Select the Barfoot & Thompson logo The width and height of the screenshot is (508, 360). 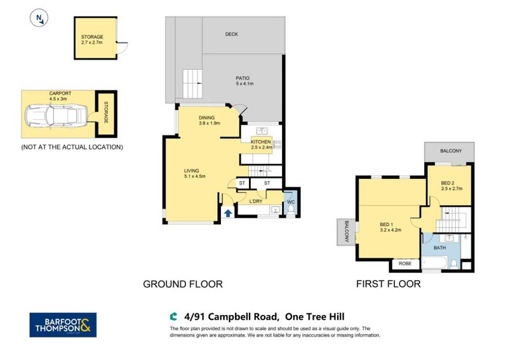point(63,324)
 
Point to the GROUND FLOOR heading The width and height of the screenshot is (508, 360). point(183,284)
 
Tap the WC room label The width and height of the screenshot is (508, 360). point(291,202)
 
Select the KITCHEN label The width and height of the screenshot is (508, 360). point(261,142)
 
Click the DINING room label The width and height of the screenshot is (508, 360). point(206,117)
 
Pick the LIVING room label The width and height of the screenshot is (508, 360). point(192,170)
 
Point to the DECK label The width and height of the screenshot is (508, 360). point(231,34)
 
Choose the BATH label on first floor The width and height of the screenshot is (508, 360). point(440,248)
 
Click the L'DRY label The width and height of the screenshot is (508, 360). point(256,202)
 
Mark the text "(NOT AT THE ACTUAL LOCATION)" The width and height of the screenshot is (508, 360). point(71,147)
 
